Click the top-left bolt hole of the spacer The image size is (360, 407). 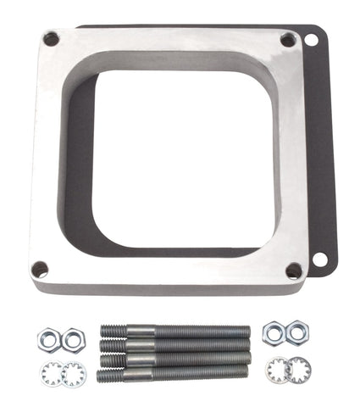point(51,39)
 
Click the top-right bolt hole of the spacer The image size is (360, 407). point(288,41)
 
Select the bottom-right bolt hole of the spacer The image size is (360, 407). point(293,270)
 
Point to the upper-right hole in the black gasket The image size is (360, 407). point(311,40)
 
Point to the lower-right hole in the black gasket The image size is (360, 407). point(319,256)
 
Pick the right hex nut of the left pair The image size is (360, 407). point(73,339)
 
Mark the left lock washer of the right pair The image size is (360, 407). point(274,369)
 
